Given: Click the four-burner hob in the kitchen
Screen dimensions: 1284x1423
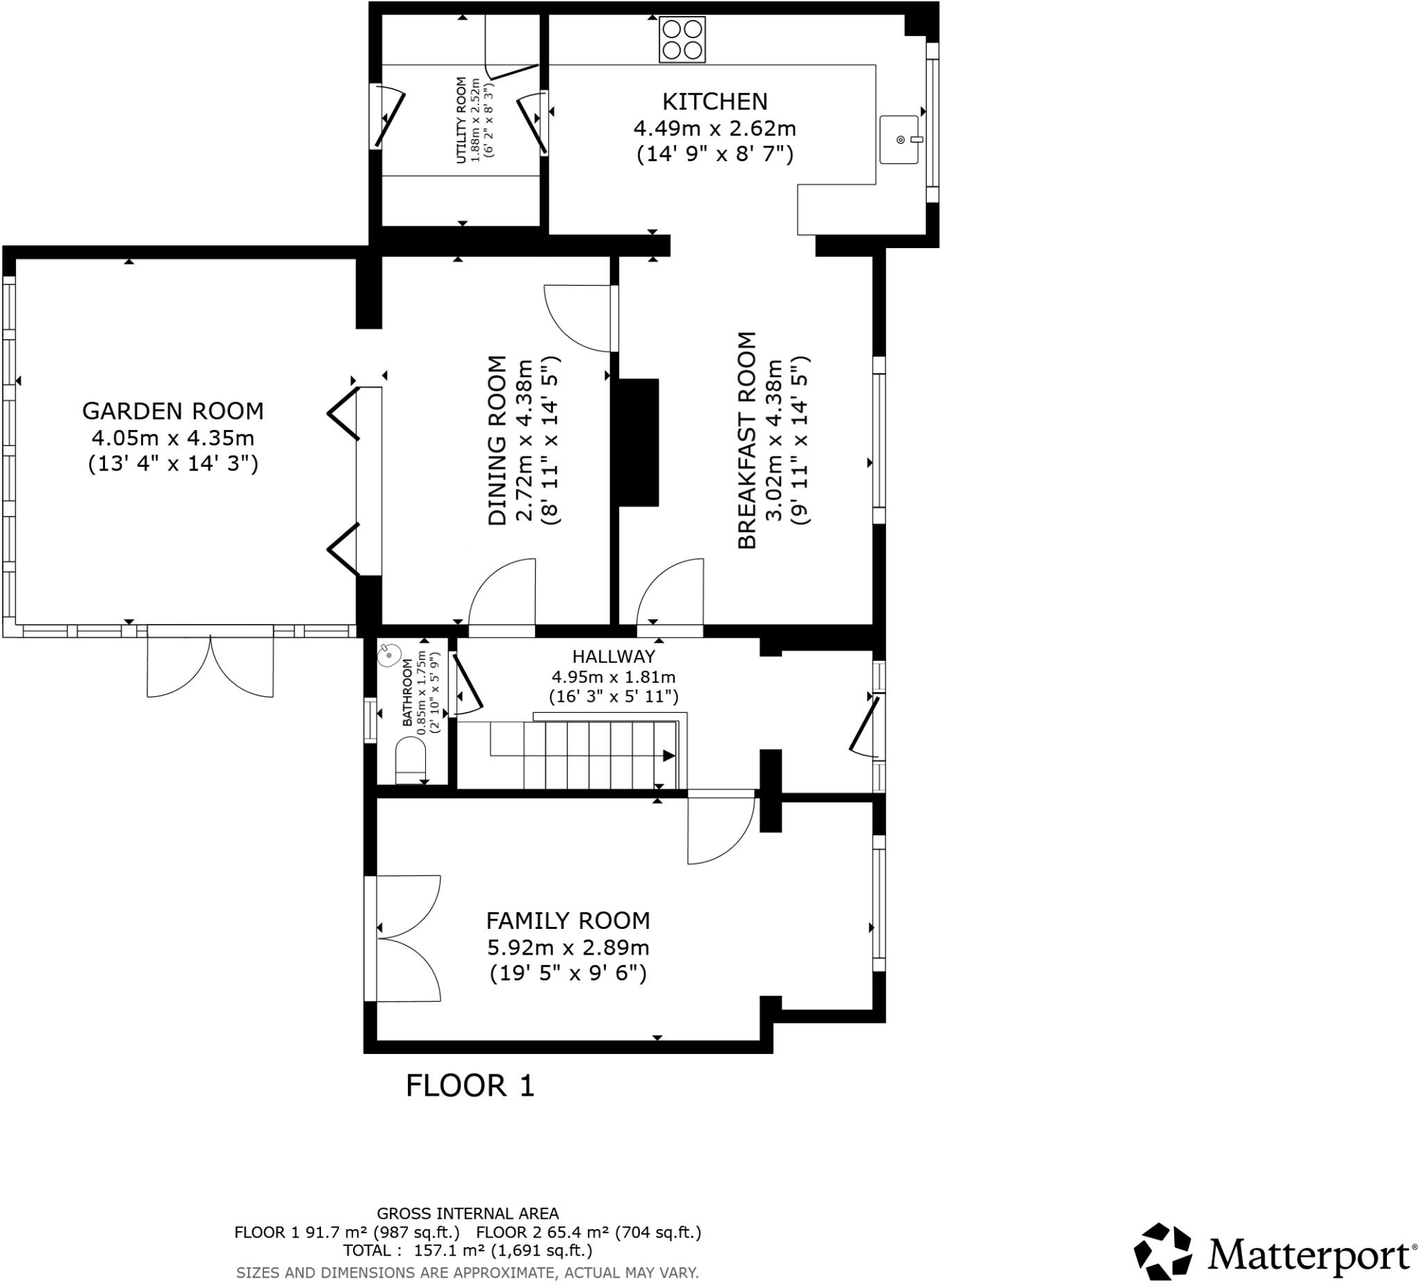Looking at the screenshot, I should [x=682, y=40].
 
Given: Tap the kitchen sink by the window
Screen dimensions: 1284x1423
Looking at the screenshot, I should [x=899, y=140].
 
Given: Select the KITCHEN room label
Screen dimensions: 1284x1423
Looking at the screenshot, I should [x=714, y=102].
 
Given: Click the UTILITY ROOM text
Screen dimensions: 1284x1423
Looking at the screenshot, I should [x=461, y=120].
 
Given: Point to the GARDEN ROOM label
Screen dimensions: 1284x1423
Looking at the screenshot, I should [x=173, y=411].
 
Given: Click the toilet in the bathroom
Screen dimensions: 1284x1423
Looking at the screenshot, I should [x=411, y=760].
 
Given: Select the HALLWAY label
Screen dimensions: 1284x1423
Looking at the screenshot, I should [x=613, y=657].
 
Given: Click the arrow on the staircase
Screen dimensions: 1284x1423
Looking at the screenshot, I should [x=667, y=756].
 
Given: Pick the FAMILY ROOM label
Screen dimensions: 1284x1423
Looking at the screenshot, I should [x=567, y=921].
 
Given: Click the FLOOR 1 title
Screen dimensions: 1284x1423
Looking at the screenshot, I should [x=470, y=1086].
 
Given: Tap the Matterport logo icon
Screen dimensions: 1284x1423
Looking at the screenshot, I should [x=1162, y=1251].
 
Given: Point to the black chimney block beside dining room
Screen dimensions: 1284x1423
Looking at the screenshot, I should [x=639, y=443].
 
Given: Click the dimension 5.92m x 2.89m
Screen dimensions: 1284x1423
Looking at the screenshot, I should [x=567, y=948].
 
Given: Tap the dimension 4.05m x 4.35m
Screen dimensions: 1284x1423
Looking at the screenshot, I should [x=173, y=438].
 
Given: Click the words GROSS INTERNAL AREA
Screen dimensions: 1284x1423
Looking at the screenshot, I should [x=467, y=1213].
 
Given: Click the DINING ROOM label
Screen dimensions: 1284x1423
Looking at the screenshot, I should [x=497, y=441].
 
